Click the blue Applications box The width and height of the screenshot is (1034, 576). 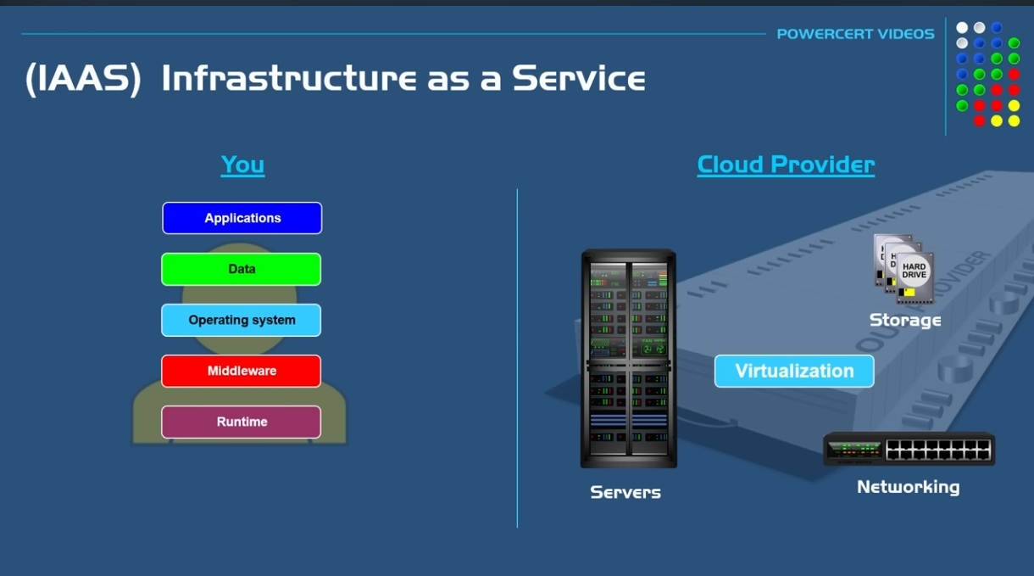[x=242, y=218]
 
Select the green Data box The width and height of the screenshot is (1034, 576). [x=242, y=269]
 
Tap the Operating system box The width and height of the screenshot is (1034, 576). [x=242, y=320]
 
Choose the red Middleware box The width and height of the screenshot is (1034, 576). [x=242, y=371]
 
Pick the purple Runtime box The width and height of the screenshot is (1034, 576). [x=242, y=422]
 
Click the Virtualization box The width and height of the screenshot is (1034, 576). [x=794, y=371]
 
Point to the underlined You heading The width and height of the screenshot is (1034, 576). [x=242, y=165]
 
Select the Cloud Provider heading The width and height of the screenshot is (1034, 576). [x=786, y=165]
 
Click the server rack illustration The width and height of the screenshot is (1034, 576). [x=628, y=358]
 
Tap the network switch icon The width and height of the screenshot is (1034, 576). [x=909, y=449]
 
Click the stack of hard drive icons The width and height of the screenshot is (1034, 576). [x=903, y=269]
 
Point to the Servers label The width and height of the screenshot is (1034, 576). [x=625, y=492]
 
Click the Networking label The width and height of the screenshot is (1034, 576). [x=908, y=487]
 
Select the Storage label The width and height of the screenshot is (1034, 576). [x=905, y=320]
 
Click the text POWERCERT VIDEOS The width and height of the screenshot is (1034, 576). [x=855, y=34]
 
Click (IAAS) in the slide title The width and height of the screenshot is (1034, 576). [x=83, y=79]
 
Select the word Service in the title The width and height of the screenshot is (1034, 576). [x=578, y=79]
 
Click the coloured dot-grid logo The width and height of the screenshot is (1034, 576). [x=987, y=74]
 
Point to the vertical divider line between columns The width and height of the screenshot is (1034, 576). [x=517, y=356]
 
